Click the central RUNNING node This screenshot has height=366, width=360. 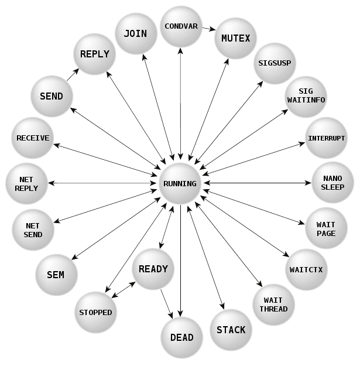[180, 183]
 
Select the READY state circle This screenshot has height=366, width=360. [153, 269]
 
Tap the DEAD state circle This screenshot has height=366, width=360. [181, 337]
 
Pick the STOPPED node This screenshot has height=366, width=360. [95, 312]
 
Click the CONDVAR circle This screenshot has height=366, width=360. [181, 26]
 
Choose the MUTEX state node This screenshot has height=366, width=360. [236, 39]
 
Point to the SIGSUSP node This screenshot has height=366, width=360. [275, 63]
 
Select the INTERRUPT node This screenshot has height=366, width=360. [326, 138]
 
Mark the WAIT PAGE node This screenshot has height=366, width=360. [326, 229]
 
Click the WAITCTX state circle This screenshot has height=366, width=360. [306, 270]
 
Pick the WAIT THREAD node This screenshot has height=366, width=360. [273, 305]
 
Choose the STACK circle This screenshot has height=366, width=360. [231, 330]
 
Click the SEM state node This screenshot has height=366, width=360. [56, 275]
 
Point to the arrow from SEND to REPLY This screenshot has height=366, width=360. [73, 73]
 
